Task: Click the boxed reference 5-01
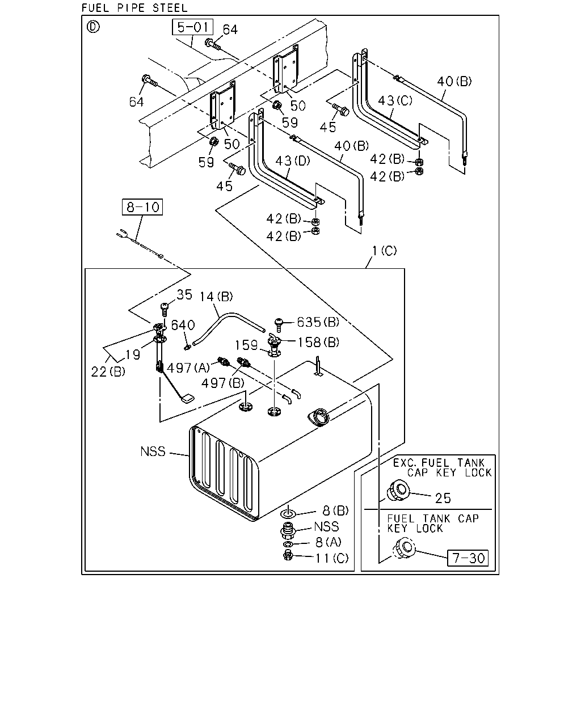pyautogui.click(x=192, y=27)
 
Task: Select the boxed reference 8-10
pyautogui.click(x=142, y=207)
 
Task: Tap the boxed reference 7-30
pyautogui.click(x=468, y=558)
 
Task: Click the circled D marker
pyautogui.click(x=93, y=27)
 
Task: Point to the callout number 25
pyautogui.click(x=443, y=498)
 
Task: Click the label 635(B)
pyautogui.click(x=318, y=322)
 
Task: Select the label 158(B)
pyautogui.click(x=318, y=343)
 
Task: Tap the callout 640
pyautogui.click(x=183, y=325)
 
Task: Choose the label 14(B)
pyautogui.click(x=216, y=297)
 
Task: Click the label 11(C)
pyautogui.click(x=332, y=558)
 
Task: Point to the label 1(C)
pyautogui.click(x=385, y=251)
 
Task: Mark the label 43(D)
pyautogui.click(x=293, y=161)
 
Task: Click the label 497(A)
pyautogui.click(x=188, y=368)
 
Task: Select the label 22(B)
pyautogui.click(x=108, y=372)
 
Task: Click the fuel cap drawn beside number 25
pyautogui.click(x=398, y=492)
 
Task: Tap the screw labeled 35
pyautogui.click(x=165, y=309)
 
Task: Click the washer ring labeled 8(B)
pyautogui.click(x=288, y=514)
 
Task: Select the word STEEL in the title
pyautogui.click(x=170, y=7)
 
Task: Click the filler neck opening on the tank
pyautogui.click(x=318, y=417)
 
